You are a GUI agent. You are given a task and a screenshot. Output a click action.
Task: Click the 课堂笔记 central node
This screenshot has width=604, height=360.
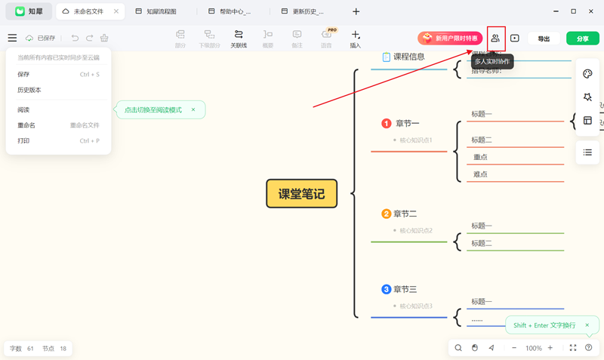pos(301,194)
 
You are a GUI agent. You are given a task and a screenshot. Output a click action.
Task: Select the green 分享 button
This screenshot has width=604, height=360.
pos(582,38)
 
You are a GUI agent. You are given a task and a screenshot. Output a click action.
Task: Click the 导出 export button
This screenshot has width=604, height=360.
pos(544,38)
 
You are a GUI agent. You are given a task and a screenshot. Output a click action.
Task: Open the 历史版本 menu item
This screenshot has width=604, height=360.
pos(29,90)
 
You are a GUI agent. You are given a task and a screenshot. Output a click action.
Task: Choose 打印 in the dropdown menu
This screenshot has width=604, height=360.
pos(23,141)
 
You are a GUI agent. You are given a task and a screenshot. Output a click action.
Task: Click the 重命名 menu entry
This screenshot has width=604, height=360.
pos(26,125)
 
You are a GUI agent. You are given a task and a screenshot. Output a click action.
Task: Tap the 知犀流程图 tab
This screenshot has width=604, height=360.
pos(161,12)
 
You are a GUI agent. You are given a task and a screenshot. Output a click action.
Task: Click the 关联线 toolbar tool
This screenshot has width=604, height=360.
pos(239,38)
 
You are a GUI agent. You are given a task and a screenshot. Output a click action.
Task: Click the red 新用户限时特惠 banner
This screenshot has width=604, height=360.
pos(450,38)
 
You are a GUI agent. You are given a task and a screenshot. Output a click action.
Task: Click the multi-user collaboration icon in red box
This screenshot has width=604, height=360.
pos(495,38)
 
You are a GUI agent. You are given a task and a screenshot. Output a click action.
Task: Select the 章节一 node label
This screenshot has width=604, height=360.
pos(407,124)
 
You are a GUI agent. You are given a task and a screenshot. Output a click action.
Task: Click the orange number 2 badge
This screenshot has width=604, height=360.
pos(387,214)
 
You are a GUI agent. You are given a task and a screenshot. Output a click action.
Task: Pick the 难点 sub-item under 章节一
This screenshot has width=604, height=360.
pos(480,174)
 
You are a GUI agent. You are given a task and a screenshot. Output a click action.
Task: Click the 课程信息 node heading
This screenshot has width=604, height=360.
pos(408,57)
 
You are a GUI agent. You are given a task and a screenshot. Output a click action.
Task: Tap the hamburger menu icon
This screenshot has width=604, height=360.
pos(12,38)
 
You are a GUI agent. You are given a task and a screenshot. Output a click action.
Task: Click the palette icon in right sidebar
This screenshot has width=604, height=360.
pos(587,74)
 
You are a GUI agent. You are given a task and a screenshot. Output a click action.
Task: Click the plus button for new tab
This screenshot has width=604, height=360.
pos(356,12)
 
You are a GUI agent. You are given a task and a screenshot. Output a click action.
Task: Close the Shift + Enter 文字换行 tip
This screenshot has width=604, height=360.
pos(587,325)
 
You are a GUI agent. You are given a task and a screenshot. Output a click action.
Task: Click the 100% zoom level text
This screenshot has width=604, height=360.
pos(534,348)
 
